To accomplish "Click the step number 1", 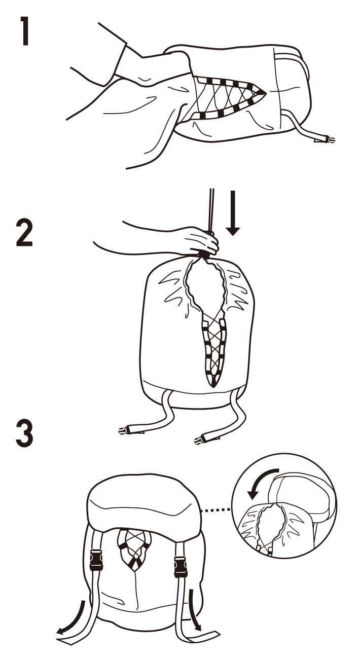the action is click(x=25, y=31).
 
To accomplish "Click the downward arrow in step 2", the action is click(x=233, y=213).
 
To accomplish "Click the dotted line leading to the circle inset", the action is click(x=215, y=509).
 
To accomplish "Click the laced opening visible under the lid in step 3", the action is click(x=134, y=548).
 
